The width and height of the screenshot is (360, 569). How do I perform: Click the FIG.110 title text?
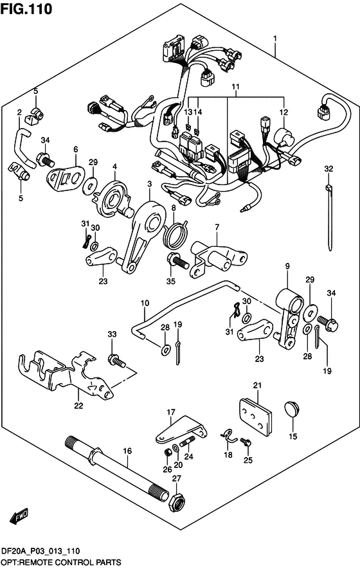(26, 9)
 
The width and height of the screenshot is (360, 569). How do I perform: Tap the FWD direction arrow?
(19, 517)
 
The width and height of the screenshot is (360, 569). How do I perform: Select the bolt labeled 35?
(177, 260)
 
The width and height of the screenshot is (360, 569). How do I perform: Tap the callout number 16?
(127, 451)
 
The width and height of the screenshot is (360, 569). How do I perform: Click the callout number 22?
(78, 405)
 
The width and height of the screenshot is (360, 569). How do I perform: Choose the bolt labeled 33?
(116, 360)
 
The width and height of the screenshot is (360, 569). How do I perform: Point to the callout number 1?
(275, 38)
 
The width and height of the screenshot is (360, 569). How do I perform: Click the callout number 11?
(235, 87)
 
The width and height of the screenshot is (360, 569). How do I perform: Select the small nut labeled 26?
(168, 453)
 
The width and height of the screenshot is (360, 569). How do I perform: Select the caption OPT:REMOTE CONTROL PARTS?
(60, 562)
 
